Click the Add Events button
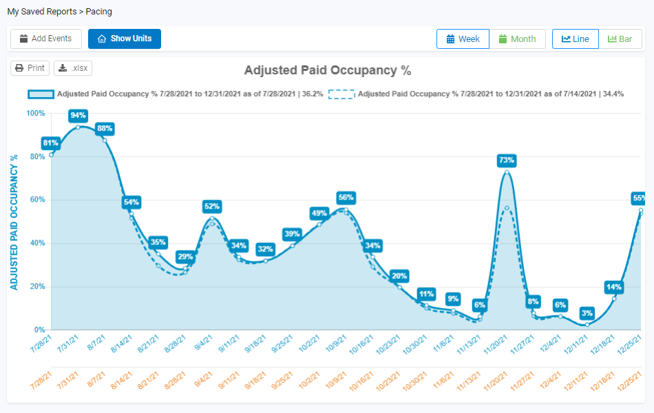[x=45, y=39]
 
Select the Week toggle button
[x=463, y=39]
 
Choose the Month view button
[x=517, y=39]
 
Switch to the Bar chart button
[x=620, y=39]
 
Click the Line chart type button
[x=575, y=39]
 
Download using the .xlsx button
[x=73, y=68]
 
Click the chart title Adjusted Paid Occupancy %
[x=327, y=70]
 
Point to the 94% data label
[x=78, y=115]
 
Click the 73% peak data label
[x=506, y=160]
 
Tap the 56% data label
[x=346, y=198]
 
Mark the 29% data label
[x=184, y=257]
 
